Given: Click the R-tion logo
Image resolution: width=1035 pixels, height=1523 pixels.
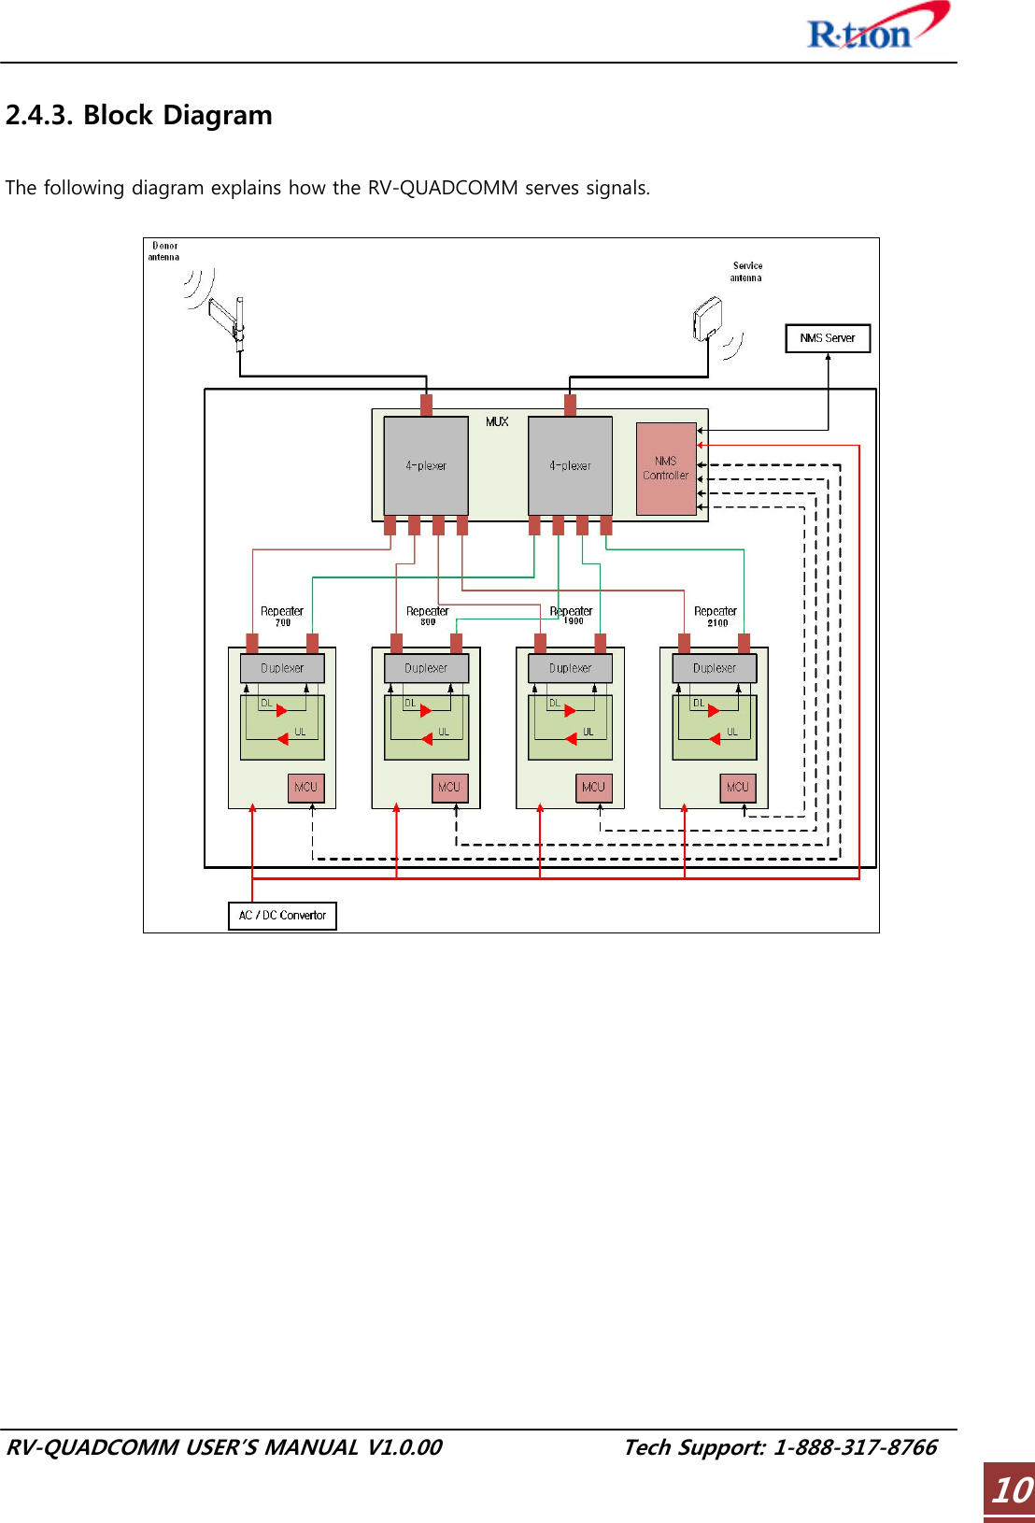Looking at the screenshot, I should coord(876,28).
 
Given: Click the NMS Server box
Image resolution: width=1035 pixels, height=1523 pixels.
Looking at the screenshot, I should coord(828,338).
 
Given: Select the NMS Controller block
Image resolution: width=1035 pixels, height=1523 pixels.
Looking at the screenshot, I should coord(666,468).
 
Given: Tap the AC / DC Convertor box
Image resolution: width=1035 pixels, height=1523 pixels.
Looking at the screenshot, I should coord(282,916).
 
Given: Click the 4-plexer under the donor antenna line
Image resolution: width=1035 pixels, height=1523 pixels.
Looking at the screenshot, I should coord(426,465).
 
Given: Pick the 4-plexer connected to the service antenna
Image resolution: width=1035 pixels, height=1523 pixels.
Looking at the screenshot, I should coord(570,465).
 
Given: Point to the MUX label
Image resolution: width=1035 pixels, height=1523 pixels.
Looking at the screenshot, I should coord(497,422).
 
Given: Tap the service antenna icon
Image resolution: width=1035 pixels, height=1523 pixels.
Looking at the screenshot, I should coord(707,319).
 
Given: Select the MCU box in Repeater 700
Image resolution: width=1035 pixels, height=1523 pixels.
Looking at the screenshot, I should coord(305,788).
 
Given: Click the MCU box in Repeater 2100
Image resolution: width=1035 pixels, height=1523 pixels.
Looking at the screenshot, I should coord(737,788).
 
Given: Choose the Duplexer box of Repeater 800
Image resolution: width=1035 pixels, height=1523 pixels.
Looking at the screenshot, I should coord(426,668).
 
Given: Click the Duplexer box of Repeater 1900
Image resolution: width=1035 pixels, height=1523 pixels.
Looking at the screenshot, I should coord(570,668).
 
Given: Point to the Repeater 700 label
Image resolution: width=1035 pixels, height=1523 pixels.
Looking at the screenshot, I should coord(282,616).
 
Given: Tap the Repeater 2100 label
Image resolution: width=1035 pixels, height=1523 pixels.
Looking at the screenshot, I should coord(716,616).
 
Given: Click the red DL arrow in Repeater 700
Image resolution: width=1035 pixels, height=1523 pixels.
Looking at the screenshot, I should coord(281,711).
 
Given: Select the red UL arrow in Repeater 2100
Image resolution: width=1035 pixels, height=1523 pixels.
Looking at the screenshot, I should coord(715,739).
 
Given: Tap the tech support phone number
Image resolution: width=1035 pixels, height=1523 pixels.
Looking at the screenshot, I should coord(854,1447).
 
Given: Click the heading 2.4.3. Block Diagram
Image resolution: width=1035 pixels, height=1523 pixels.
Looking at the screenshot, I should coord(139,116).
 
